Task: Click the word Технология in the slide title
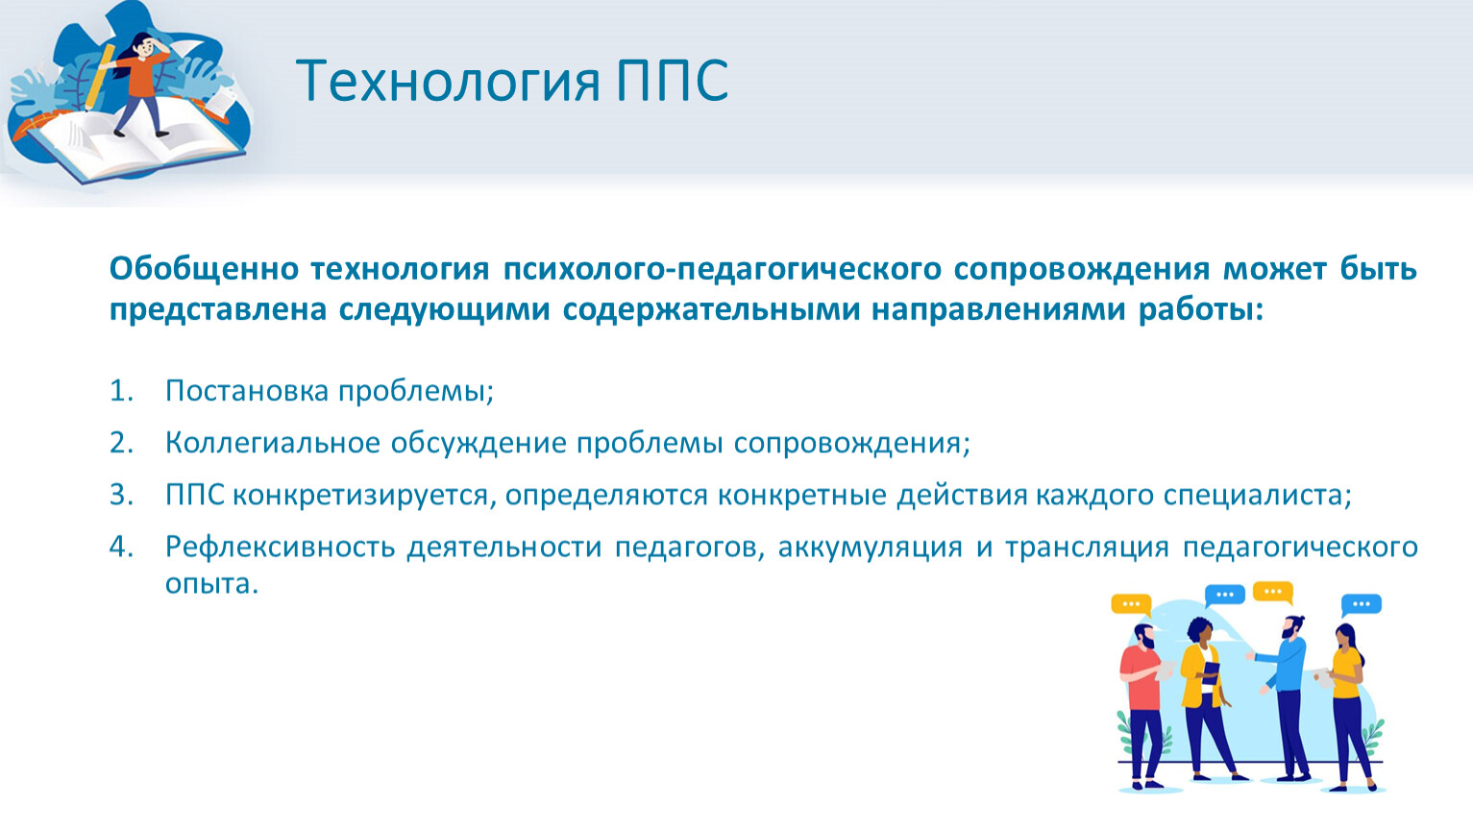tap(448, 81)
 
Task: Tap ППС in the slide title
tap(673, 80)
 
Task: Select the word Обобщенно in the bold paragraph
tap(204, 268)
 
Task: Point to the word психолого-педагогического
tap(723, 270)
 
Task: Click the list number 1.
tap(121, 391)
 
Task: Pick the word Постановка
tap(247, 391)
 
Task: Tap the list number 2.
tap(121, 443)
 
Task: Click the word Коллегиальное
tap(273, 443)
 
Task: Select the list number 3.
tap(121, 495)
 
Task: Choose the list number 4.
tap(121, 547)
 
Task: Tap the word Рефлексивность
tap(280, 548)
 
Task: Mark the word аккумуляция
tap(870, 548)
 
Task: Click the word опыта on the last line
tap(211, 584)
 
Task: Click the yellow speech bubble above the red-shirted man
tap(1131, 604)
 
